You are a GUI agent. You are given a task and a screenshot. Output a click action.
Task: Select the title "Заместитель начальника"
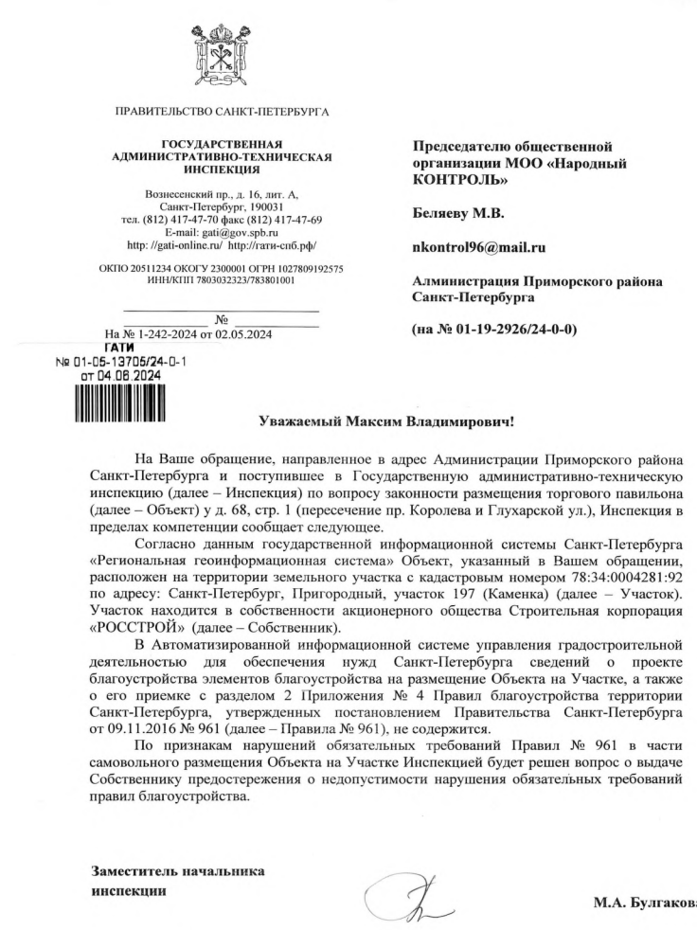click(178, 870)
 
